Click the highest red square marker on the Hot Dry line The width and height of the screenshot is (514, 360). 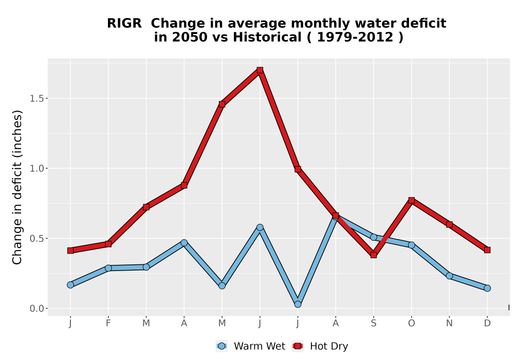click(x=260, y=70)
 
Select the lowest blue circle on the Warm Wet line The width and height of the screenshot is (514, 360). click(x=298, y=304)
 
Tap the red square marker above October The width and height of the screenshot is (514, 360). click(x=411, y=201)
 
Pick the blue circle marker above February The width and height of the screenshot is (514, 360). click(x=108, y=268)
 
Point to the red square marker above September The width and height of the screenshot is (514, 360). click(x=373, y=255)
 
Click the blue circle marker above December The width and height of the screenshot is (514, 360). click(x=487, y=288)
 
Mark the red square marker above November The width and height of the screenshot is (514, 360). click(x=449, y=225)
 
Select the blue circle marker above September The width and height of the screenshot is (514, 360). click(x=373, y=237)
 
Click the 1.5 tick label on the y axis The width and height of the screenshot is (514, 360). click(x=36, y=98)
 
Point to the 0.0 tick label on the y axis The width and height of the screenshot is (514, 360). click(x=36, y=309)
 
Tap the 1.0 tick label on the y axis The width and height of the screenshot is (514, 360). click(x=36, y=169)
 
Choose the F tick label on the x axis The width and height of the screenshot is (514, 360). click(x=108, y=323)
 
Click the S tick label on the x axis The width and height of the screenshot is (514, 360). click(x=373, y=323)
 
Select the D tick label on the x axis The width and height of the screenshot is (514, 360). click(x=487, y=323)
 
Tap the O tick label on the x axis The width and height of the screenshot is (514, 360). click(x=411, y=323)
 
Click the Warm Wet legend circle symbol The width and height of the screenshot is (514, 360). click(x=222, y=346)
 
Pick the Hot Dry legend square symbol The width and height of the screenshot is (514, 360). click(x=298, y=346)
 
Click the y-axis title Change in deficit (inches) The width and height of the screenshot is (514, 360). click(x=17, y=187)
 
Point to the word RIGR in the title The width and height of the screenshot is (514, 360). click(x=124, y=23)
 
